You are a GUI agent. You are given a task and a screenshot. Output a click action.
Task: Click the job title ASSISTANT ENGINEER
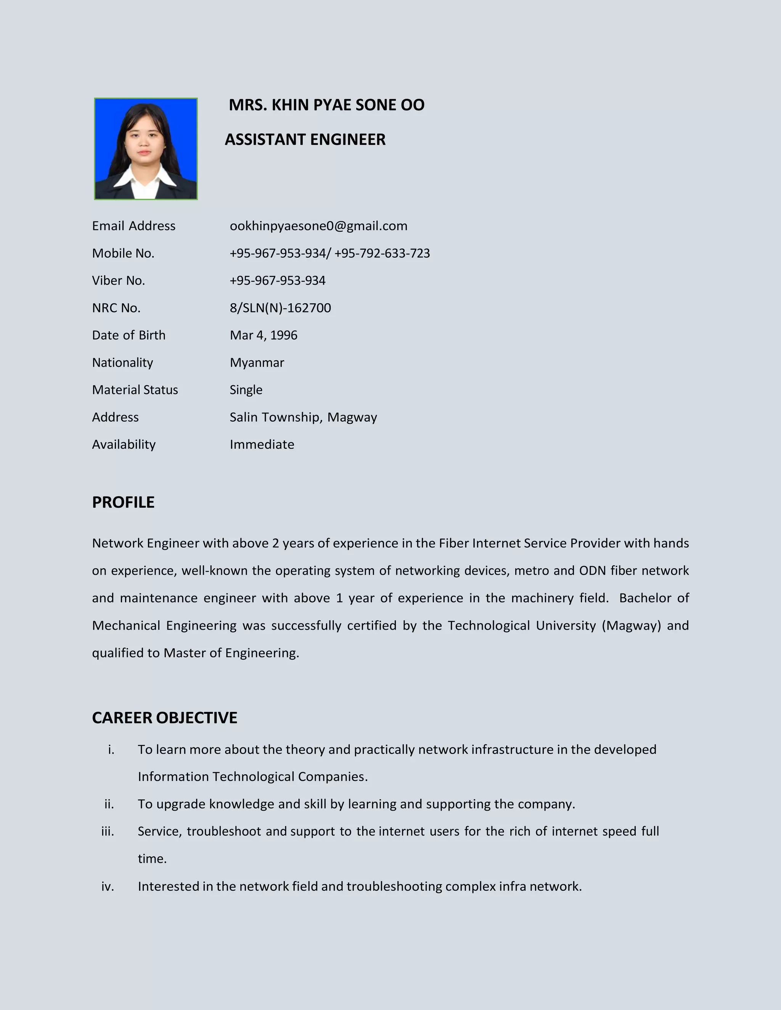click(x=305, y=139)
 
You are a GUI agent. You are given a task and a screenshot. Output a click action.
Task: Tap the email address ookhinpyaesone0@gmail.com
click(x=318, y=226)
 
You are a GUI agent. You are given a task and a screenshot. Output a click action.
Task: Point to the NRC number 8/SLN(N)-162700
click(x=280, y=308)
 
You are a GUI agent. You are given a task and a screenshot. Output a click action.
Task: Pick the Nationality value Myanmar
click(x=257, y=362)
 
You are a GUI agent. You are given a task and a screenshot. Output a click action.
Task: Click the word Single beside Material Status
click(x=246, y=390)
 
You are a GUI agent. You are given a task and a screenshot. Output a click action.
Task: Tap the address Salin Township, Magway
click(x=303, y=417)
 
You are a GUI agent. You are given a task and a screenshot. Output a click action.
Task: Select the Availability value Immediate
click(x=262, y=444)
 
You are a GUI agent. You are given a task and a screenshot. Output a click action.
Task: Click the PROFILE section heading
click(x=123, y=502)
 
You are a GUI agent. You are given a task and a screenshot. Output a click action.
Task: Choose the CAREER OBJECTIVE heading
click(x=164, y=717)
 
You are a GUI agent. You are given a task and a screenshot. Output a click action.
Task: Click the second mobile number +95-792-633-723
click(x=382, y=253)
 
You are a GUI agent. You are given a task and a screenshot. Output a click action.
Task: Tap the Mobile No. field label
click(x=123, y=253)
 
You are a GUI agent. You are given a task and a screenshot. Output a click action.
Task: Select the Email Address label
click(x=134, y=226)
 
